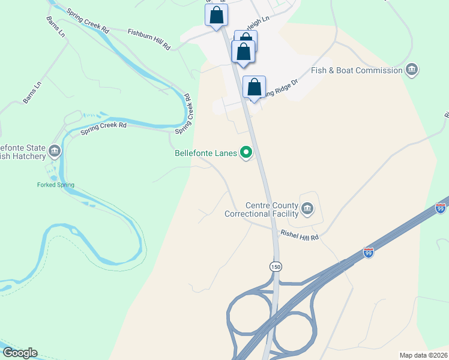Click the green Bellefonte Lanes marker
(x=246, y=153)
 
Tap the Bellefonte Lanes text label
(x=206, y=153)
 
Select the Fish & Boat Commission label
(x=357, y=70)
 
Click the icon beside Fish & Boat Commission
(x=412, y=70)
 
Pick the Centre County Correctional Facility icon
(x=307, y=209)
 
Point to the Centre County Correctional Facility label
(x=261, y=209)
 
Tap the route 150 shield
(x=276, y=266)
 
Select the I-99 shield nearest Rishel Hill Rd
(x=369, y=253)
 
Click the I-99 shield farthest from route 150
(x=441, y=208)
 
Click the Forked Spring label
(x=55, y=185)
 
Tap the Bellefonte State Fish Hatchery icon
(x=55, y=151)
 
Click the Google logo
(x=20, y=353)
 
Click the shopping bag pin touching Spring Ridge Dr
(x=255, y=88)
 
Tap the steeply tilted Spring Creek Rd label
(x=184, y=114)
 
